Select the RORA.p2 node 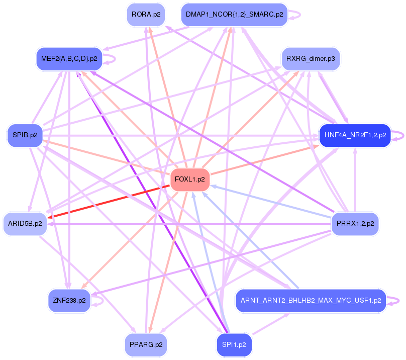click(146, 14)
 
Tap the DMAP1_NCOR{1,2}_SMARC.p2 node click(234, 14)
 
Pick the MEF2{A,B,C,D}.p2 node click(69, 59)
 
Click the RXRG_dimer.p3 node click(311, 59)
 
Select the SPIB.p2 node click(26, 135)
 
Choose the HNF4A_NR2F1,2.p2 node click(355, 135)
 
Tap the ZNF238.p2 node click(69, 300)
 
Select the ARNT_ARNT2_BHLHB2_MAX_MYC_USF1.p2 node click(311, 300)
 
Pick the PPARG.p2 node click(146, 345)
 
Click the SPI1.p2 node click(234, 345)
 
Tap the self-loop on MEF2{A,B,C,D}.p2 click(113, 59)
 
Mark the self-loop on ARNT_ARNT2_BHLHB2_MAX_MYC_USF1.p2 click(395, 300)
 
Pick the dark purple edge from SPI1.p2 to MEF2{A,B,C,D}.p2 click(151, 201)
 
